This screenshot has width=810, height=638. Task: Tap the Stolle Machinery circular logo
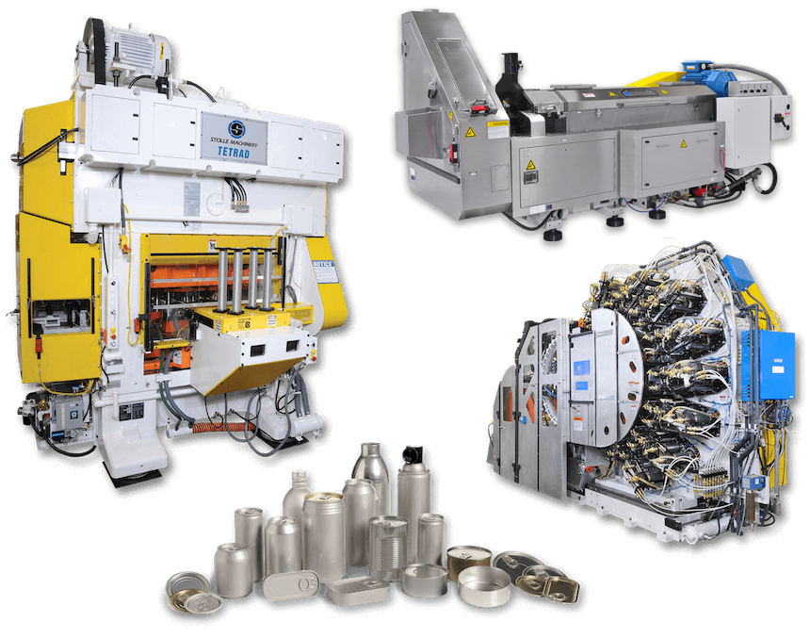[x=235, y=127]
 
